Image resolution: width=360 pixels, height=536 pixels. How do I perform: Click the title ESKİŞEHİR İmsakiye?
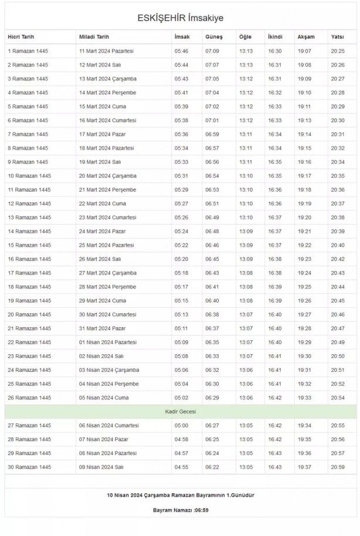click(180, 18)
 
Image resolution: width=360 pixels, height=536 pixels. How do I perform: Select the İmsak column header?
click(182, 37)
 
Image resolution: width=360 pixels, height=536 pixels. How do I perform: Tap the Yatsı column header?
click(337, 37)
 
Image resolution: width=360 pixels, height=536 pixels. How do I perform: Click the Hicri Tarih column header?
click(22, 37)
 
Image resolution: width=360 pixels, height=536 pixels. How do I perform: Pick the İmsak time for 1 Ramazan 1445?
click(181, 51)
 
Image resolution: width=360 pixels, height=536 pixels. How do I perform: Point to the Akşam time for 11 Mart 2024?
click(304, 51)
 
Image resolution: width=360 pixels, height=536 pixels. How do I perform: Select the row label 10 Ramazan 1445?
click(29, 176)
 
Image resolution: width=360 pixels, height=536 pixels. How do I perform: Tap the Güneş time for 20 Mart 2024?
click(212, 176)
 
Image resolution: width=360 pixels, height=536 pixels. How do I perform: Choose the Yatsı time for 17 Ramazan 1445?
click(338, 273)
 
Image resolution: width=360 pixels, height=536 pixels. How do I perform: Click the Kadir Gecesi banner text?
click(180, 412)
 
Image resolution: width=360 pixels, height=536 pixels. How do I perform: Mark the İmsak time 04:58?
click(181, 439)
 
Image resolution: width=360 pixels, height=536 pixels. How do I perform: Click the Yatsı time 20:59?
click(338, 467)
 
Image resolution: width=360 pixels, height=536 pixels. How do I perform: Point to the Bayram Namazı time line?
click(180, 510)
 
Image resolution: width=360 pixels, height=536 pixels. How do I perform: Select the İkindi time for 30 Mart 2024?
click(274, 314)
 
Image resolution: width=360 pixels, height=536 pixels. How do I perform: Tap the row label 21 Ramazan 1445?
click(29, 328)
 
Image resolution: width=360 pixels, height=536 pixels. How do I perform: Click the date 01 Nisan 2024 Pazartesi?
click(108, 342)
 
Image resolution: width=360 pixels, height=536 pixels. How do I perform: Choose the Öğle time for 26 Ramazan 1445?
click(246, 398)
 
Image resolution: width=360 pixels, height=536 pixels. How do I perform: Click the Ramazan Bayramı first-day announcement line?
click(180, 495)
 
